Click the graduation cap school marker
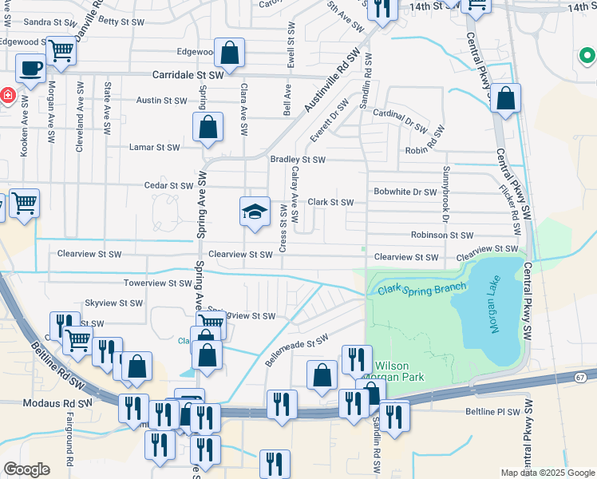coord(255,212)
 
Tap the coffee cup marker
coord(30,69)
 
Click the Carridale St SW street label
coord(188,74)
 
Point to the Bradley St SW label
coord(298,160)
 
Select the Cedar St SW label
coord(169,185)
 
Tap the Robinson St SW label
coord(442,236)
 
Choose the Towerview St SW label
coord(156,283)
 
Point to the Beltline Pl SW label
coord(492,412)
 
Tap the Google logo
coord(26,469)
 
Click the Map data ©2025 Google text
coord(547,473)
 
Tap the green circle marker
coord(587,57)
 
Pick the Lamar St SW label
coord(155,147)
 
